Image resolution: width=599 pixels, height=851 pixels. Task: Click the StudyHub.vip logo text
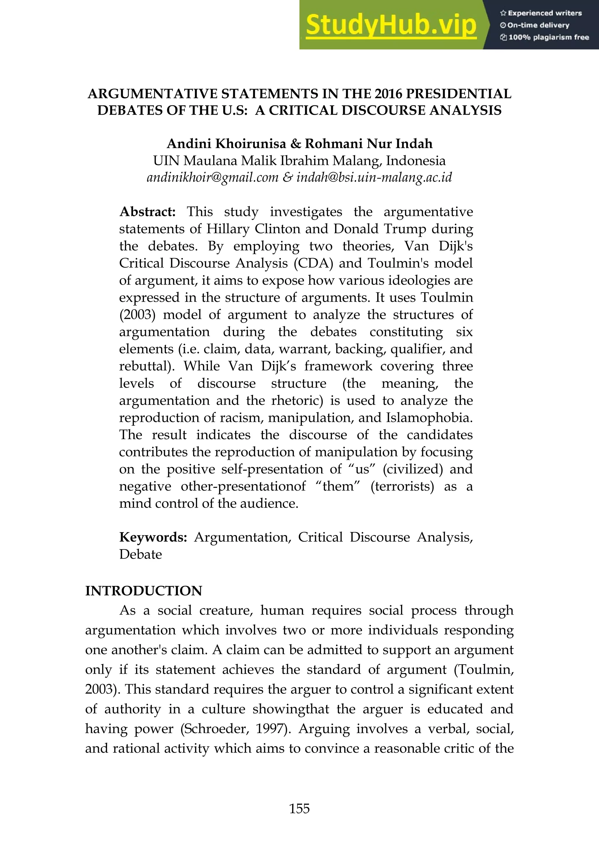391,25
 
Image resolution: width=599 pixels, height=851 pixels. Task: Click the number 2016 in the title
388,94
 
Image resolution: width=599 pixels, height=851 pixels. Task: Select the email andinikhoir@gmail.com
212,177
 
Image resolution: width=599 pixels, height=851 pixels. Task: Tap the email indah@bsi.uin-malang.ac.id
374,177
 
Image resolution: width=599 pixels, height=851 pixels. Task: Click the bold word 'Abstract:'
147,212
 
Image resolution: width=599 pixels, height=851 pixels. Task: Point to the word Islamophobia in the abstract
429,417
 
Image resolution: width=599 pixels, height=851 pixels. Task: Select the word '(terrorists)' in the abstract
402,486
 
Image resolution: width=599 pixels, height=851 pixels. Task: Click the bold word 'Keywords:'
153,537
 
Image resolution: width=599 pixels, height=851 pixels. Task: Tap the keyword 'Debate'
140,554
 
